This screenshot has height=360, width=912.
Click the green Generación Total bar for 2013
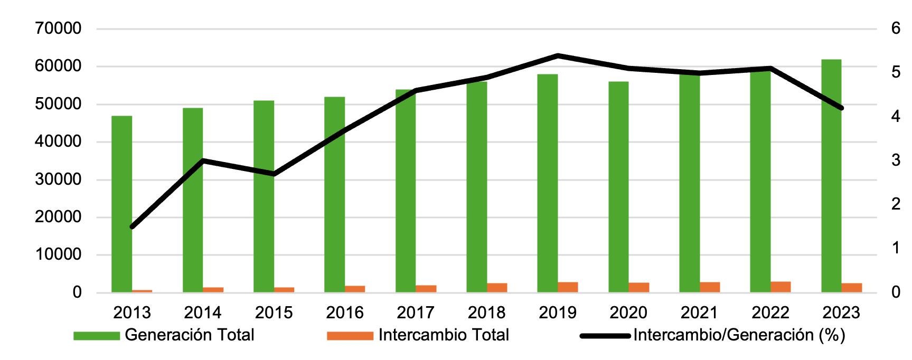click(121, 206)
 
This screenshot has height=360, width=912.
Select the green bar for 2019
click(547, 185)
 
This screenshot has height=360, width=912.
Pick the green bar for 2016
click(334, 195)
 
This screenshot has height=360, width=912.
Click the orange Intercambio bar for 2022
click(781, 287)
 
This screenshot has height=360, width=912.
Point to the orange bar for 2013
click(142, 291)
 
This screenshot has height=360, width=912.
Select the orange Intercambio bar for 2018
click(497, 288)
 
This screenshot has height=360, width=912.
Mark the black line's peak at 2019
click(558, 55)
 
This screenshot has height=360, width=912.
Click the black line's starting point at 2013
click(132, 227)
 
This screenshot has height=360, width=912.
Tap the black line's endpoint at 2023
click(841, 108)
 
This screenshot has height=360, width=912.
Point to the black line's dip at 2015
click(274, 174)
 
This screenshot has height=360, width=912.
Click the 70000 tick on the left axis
click(58, 29)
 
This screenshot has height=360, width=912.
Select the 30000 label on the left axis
click(58, 179)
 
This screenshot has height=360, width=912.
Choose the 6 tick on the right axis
click(896, 29)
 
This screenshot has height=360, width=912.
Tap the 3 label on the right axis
click(896, 160)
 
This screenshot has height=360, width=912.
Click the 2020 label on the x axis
click(628, 312)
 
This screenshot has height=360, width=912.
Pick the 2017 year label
click(416, 312)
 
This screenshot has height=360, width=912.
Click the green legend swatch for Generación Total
click(97, 336)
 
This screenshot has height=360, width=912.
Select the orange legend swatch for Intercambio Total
click(350, 336)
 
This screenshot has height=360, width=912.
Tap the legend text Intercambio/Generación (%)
click(739, 335)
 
